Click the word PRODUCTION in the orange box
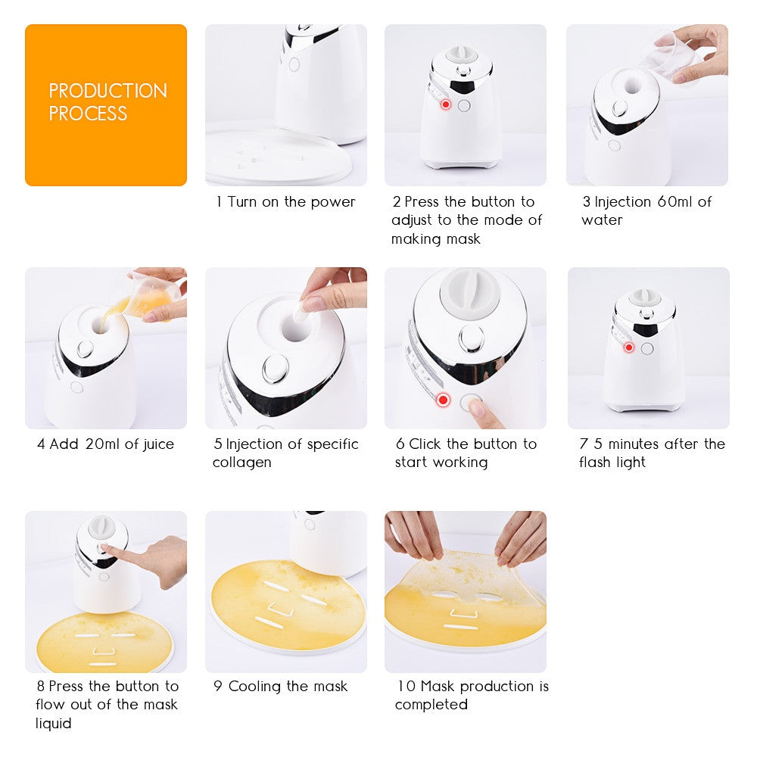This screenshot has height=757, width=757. point(107,91)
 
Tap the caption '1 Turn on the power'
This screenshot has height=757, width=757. point(286,202)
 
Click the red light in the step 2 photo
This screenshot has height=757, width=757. point(446,104)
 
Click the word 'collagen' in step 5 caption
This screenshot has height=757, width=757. point(241,463)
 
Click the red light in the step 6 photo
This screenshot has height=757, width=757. point(444,399)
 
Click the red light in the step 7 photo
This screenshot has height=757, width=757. point(628,347)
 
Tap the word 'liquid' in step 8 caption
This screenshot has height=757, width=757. point(53,724)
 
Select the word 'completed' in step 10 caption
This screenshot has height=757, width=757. point(431,705)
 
